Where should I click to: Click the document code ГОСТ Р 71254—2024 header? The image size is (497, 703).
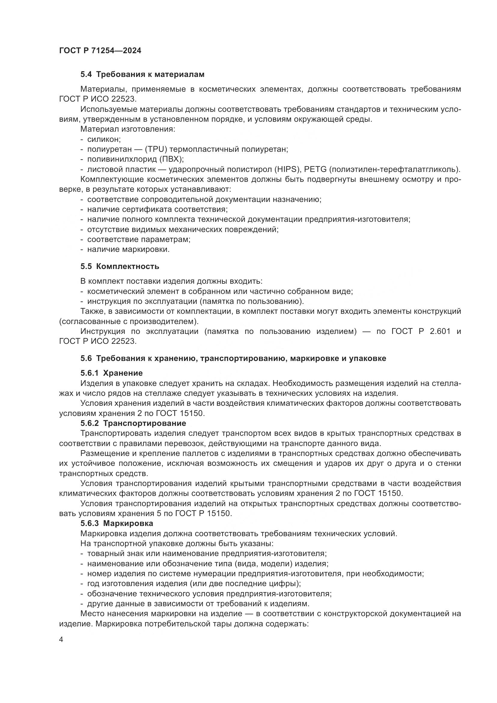pos(100,50)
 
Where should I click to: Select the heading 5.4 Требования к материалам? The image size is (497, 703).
pos(142,75)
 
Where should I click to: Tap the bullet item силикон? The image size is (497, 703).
pos(104,140)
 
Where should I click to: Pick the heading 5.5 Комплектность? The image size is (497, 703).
pos(120,266)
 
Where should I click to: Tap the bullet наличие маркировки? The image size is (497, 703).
pos(128,249)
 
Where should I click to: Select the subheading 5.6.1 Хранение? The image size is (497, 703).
pos(111,373)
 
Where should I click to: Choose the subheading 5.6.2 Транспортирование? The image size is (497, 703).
pos(133,423)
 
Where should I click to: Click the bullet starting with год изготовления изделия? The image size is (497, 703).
pos(194,583)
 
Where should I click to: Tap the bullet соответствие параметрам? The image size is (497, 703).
pos(139,240)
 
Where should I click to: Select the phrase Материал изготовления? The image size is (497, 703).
pos(128,129)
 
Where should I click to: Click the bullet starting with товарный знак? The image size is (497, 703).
pos(207,554)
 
